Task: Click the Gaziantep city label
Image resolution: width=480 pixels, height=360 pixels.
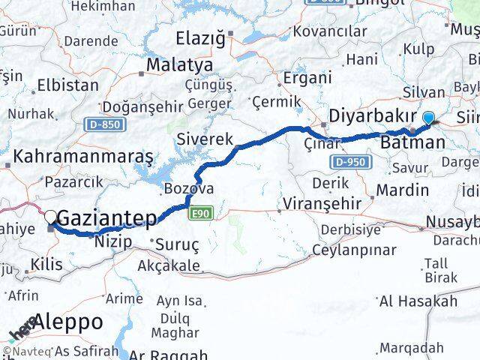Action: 107,219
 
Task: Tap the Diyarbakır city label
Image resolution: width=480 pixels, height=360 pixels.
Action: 373,116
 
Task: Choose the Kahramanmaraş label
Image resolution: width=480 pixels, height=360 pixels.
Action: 83,157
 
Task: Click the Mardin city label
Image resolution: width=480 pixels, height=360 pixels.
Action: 402,189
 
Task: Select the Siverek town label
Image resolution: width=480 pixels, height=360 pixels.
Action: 205,139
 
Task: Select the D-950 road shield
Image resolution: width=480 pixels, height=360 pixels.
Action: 346,162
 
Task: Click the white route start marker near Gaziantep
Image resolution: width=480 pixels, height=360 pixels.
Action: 51,216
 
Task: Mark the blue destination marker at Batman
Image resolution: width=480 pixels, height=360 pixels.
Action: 429,117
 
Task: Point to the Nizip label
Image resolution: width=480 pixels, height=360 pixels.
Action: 113,241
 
